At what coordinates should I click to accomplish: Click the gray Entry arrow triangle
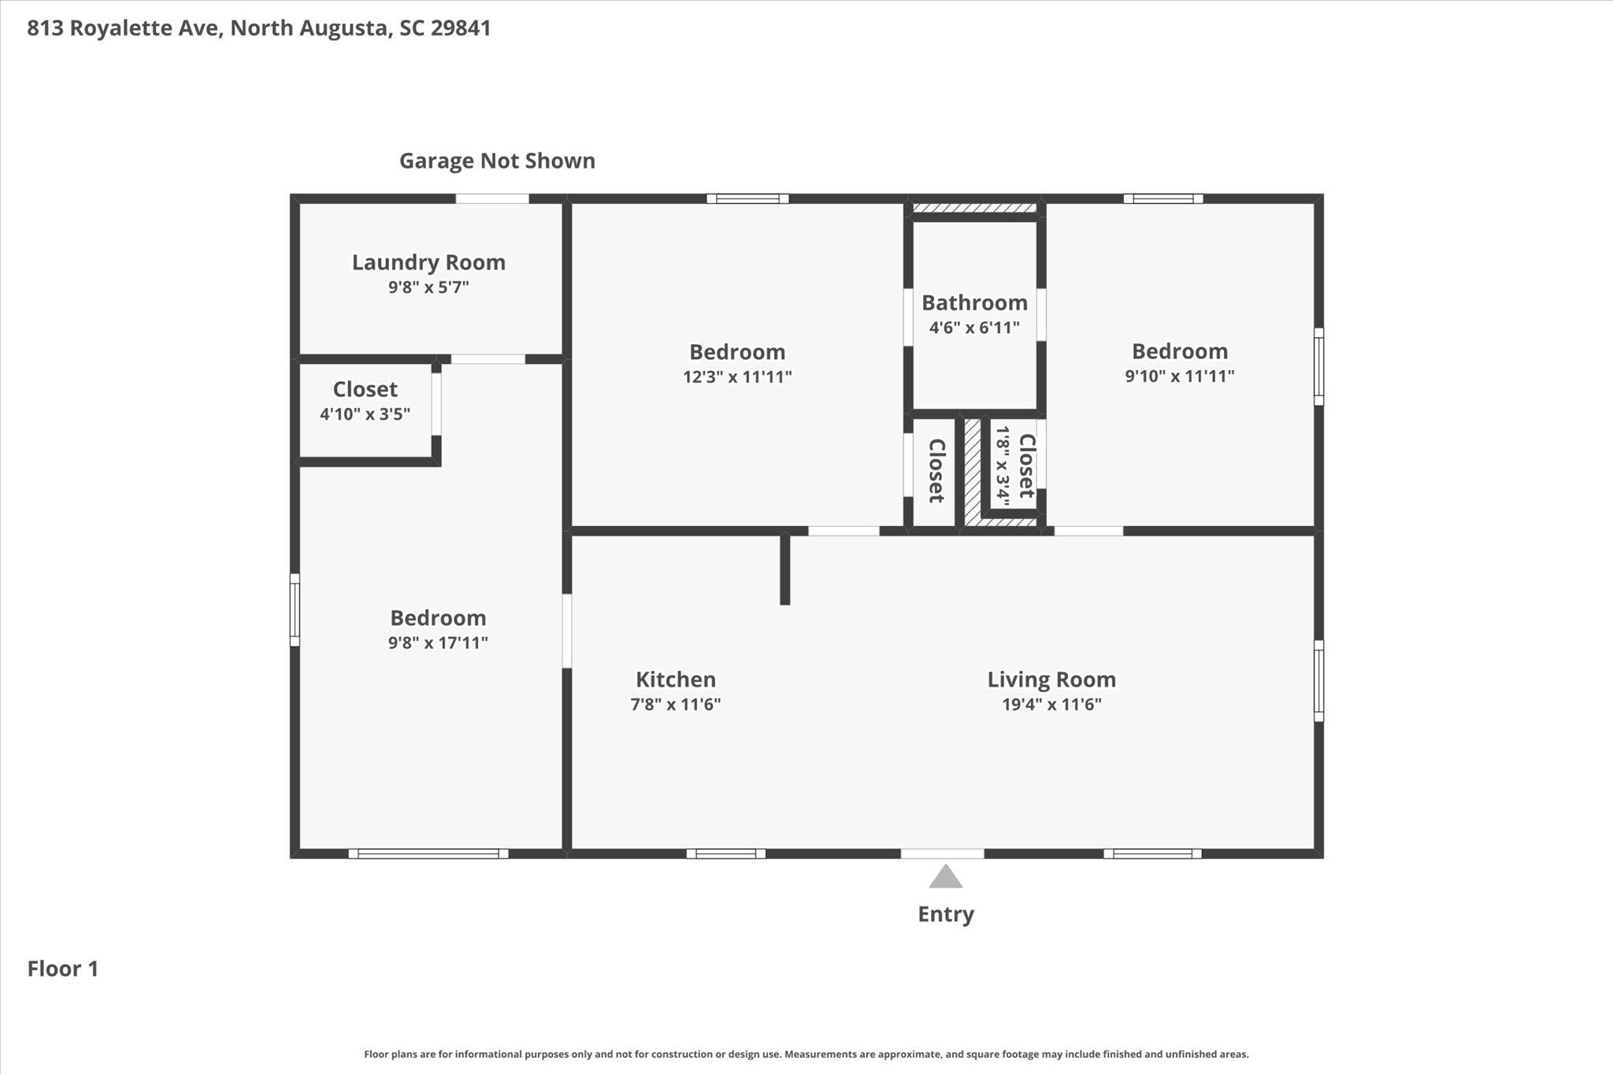click(945, 877)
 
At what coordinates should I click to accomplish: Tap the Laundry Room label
click(428, 262)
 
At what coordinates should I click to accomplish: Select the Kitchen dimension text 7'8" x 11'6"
click(676, 704)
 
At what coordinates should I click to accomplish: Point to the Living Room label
click(1051, 680)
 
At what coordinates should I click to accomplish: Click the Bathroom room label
click(974, 302)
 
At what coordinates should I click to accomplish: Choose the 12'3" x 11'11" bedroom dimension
click(737, 376)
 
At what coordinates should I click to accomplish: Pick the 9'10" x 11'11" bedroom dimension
click(1179, 376)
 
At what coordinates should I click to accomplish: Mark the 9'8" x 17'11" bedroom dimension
click(438, 643)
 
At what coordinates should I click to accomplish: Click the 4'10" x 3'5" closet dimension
click(365, 414)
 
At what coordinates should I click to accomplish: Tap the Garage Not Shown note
click(497, 161)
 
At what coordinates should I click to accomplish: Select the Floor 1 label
click(63, 969)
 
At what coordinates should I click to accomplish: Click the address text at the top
click(259, 28)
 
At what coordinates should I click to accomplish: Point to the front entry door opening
click(942, 854)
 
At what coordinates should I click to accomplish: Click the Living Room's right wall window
click(1318, 680)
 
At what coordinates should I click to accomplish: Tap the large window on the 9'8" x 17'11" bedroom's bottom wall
click(428, 854)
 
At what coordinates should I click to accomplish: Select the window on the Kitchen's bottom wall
click(725, 854)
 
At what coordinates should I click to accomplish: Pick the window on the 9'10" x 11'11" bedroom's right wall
click(1318, 367)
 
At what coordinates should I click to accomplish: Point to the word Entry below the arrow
click(946, 914)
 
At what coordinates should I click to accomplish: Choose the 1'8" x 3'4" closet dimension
click(1003, 465)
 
